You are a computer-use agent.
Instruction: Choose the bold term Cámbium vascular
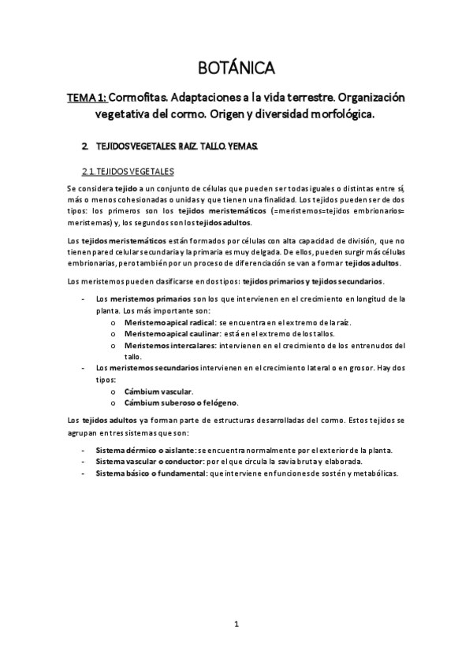point(158,392)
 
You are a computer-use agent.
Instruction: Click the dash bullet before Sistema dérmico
point(84,450)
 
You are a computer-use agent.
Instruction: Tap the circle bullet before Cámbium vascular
point(115,392)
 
